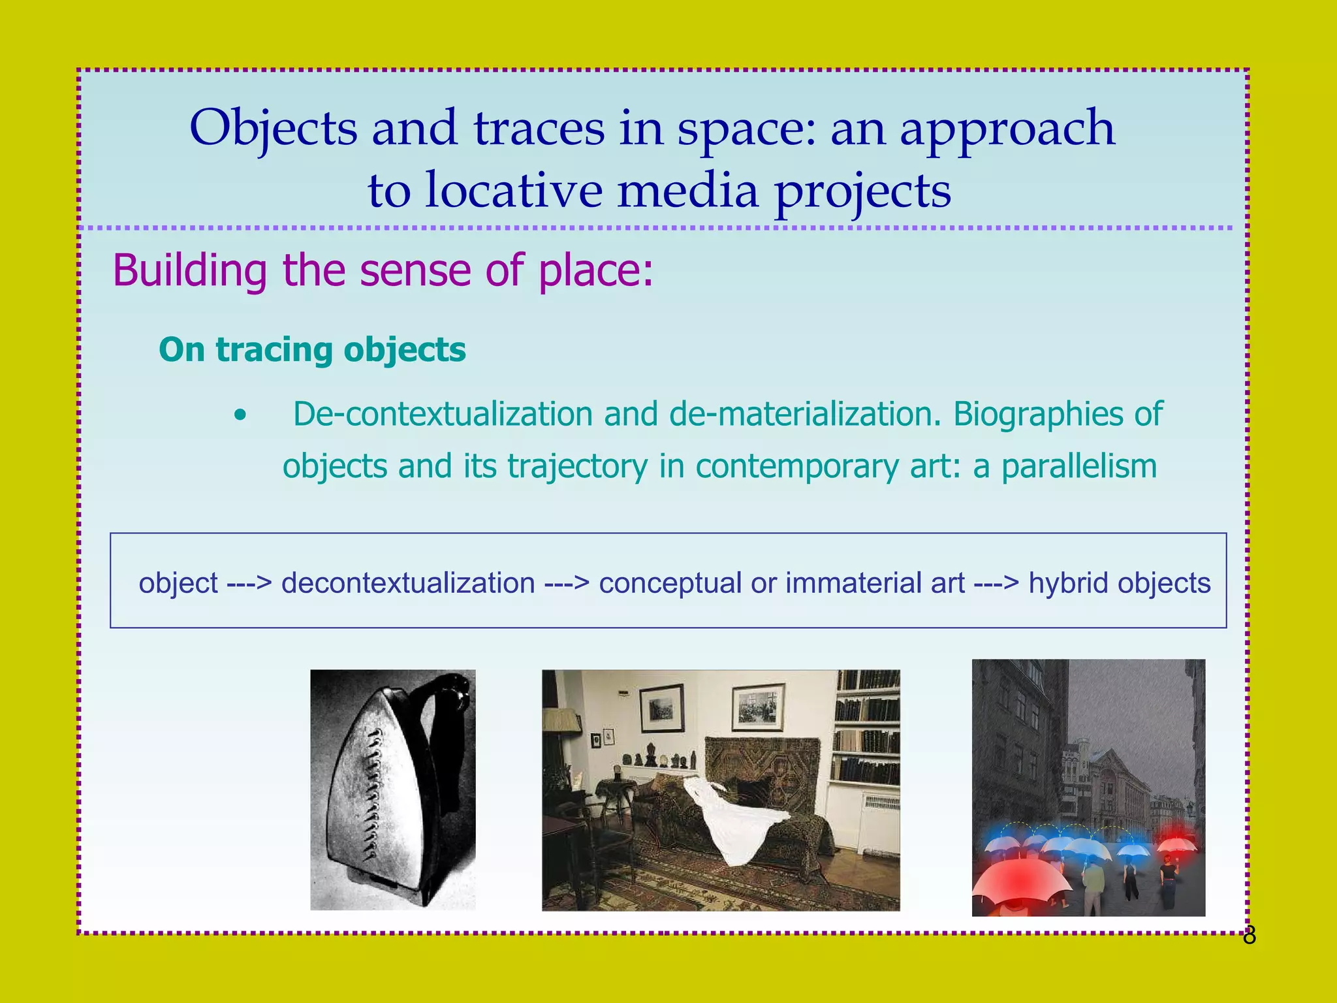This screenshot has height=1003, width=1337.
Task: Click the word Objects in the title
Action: (273, 128)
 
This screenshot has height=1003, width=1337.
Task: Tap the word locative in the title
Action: (513, 191)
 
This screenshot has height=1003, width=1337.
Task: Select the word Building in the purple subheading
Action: (189, 270)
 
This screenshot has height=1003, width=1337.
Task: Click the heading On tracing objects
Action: (312, 349)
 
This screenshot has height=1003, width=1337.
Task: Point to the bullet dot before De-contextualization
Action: (241, 415)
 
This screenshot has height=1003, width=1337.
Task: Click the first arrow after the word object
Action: (249, 582)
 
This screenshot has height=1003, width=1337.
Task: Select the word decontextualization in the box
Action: (408, 582)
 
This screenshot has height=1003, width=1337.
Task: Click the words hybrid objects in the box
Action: (1119, 582)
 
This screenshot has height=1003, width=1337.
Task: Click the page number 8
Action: (1249, 936)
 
